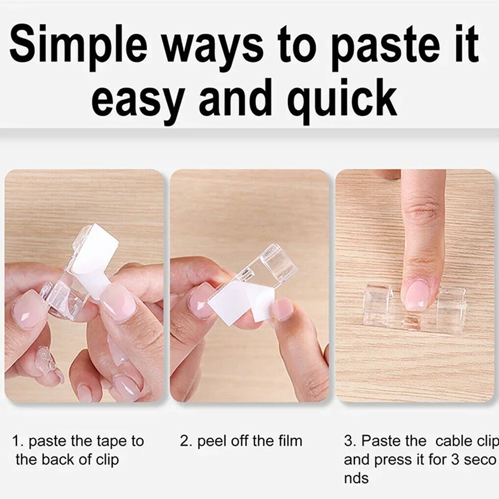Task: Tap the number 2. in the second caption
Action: [186, 441]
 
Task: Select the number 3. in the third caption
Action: [350, 441]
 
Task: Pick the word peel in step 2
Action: [211, 441]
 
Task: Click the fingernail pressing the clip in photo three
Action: [416, 295]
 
